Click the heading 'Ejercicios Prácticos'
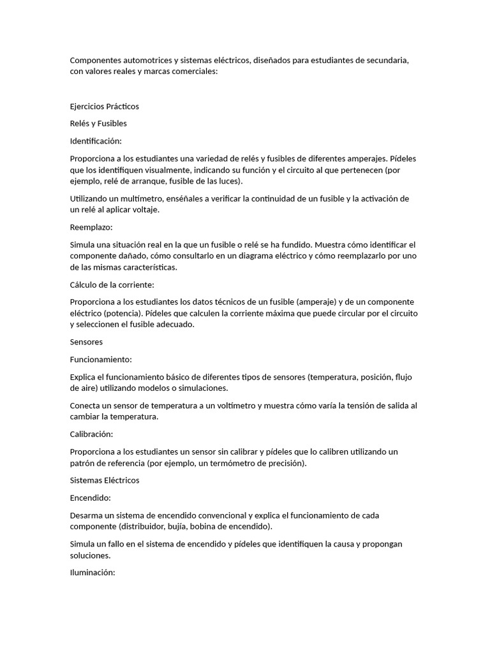(x=104, y=106)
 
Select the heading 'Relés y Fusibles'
(x=98, y=124)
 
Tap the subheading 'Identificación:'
(x=95, y=141)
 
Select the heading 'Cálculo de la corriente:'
(x=112, y=284)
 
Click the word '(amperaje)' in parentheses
(x=316, y=302)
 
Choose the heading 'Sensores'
(x=86, y=342)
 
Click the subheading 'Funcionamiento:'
(x=100, y=360)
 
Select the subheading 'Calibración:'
(x=91, y=434)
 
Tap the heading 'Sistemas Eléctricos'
(x=104, y=480)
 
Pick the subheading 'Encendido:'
(x=90, y=497)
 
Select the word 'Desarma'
(x=86, y=515)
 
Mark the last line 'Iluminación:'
(x=92, y=573)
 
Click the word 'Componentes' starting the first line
(x=96, y=61)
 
